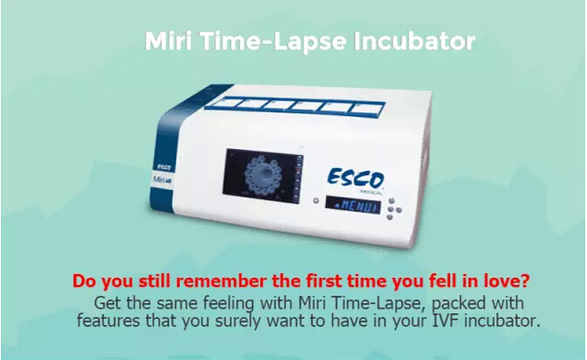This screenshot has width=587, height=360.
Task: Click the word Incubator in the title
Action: coord(414,41)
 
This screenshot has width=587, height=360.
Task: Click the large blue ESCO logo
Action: coord(355,179)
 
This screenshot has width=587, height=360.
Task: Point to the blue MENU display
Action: coord(353,205)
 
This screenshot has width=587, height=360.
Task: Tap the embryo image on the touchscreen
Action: coord(262,174)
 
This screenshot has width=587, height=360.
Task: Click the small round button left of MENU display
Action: coord(317,201)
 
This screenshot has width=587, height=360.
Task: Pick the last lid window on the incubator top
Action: coord(366,109)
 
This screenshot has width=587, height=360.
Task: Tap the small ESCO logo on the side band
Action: coord(164,166)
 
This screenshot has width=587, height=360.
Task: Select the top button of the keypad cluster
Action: coord(392,201)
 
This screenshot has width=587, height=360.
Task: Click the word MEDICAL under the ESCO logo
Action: coord(371,192)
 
